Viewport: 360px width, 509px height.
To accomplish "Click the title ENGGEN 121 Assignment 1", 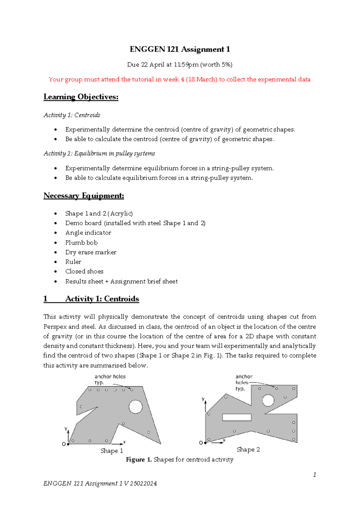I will [180, 50].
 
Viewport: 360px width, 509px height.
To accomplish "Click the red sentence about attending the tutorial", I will [179, 80].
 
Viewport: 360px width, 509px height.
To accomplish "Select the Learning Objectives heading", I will [81, 97].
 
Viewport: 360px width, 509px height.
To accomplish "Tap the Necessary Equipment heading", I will [84, 196].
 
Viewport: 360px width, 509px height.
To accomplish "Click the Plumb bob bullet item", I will [81, 242].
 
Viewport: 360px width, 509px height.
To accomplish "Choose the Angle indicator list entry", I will [88, 233].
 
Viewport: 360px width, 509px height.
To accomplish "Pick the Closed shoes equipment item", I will [84, 271].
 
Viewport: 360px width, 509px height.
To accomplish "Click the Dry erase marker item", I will [91, 252].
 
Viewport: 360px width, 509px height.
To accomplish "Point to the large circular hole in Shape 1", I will [136, 407].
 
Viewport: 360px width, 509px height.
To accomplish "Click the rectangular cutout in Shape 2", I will [237, 417].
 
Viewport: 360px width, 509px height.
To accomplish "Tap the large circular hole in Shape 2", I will [268, 400].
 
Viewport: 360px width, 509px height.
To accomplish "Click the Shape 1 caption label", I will [112, 451].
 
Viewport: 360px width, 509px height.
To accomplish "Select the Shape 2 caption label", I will [248, 450].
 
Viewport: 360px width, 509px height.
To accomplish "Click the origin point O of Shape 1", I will [68, 444].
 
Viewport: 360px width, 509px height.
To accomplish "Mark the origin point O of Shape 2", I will [205, 443].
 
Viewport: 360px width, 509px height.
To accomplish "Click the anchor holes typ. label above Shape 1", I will [110, 379].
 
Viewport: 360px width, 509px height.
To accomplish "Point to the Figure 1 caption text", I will [179, 459].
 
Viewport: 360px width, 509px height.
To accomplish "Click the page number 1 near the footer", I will [314, 475].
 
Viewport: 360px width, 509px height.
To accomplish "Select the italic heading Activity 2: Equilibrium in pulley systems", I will [99, 154].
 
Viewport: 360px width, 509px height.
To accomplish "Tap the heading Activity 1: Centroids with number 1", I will [91, 299].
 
